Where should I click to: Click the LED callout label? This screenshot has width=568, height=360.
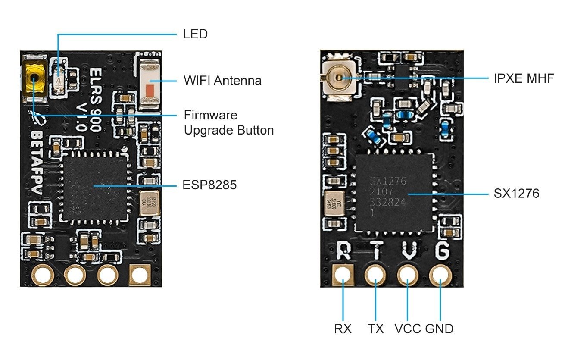[195, 34]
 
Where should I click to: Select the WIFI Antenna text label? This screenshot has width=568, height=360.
[222, 80]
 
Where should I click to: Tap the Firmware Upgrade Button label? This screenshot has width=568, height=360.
[228, 123]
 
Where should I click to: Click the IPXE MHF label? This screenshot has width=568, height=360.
[523, 78]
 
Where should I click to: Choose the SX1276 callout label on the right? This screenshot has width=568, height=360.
[516, 194]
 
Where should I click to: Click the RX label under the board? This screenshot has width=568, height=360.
[343, 329]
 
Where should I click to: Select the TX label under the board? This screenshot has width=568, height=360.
[375, 329]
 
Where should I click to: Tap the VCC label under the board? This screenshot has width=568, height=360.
[408, 329]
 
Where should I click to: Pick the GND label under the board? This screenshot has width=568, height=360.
[439, 329]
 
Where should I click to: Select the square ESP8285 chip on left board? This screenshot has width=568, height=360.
[95, 186]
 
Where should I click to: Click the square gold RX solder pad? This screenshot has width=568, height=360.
[343, 275]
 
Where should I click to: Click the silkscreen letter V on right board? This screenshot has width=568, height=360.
[408, 250]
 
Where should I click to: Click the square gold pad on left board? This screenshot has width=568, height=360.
[140, 275]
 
